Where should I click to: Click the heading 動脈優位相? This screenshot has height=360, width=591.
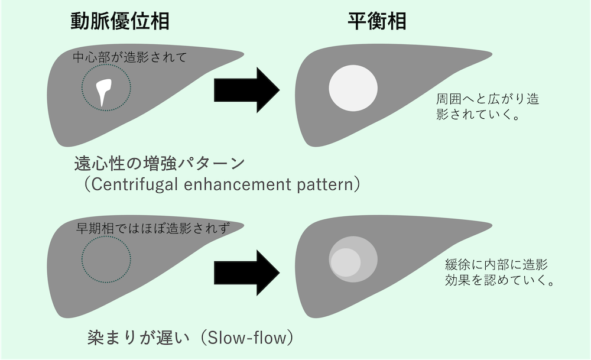120,21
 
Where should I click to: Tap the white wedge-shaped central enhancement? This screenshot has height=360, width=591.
105,91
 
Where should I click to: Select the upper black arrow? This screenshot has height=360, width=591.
246,90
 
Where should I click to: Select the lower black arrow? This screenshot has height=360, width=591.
246,271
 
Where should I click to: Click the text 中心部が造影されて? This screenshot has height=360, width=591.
129,58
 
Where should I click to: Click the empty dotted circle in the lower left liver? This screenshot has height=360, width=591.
106,261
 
